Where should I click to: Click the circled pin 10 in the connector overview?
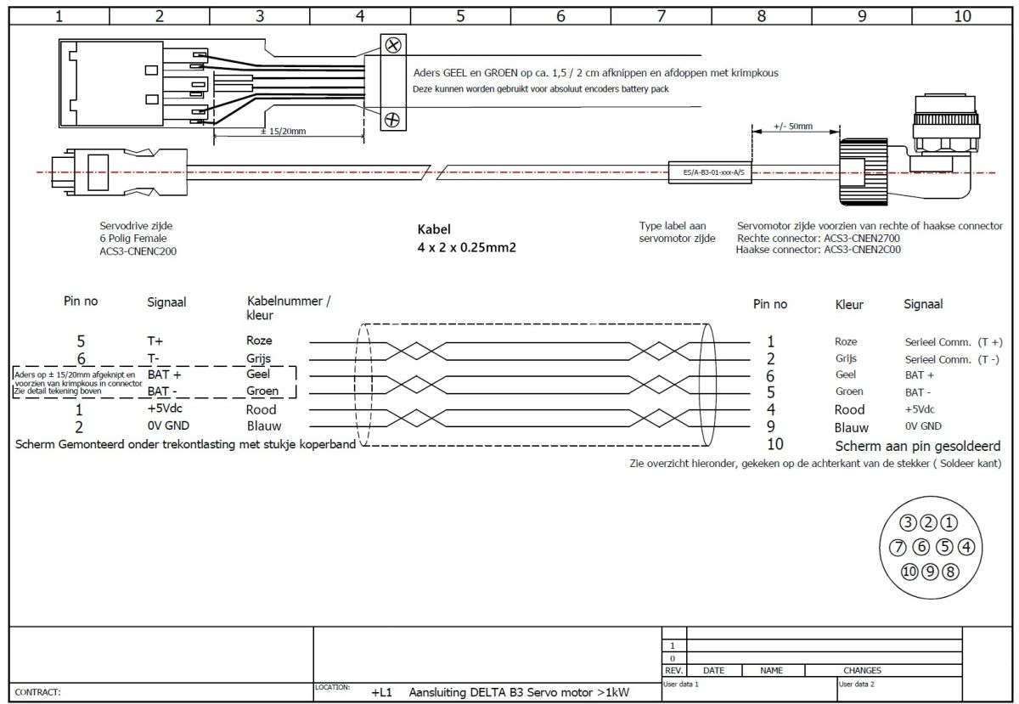pos(909,571)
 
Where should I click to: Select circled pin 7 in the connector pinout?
pos(898,547)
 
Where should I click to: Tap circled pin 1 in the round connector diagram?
pos(949,523)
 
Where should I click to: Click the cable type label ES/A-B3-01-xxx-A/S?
pos(713,173)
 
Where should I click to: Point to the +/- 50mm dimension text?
pos(793,127)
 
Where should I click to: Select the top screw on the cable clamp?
pos(393,45)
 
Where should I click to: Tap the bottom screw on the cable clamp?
pos(392,119)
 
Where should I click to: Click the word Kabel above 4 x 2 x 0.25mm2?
pos(434,229)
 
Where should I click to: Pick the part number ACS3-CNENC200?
pos(138,251)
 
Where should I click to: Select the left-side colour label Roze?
pos(260,341)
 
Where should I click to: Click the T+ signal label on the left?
pos(155,341)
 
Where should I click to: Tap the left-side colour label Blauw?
pos(264,425)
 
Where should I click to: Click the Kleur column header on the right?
pos(849,304)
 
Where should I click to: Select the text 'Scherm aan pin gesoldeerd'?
pos(917,446)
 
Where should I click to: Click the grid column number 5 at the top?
pos(459,14)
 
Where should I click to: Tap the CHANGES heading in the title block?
pos(862,670)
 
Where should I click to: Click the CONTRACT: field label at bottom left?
pos(38,692)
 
